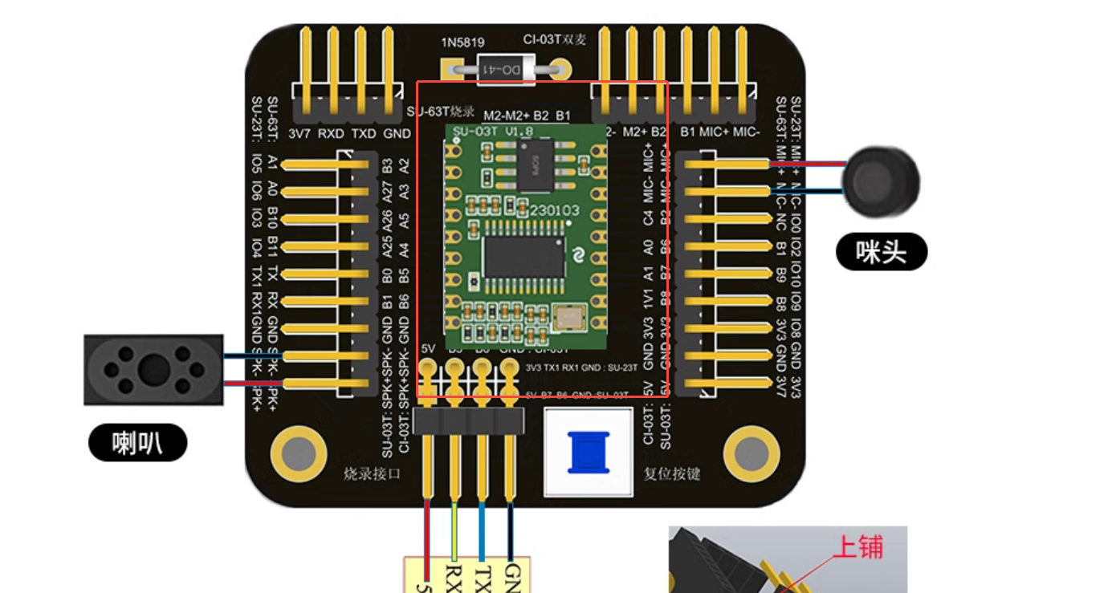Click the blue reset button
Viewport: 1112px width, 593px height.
pyautogui.click(x=589, y=452)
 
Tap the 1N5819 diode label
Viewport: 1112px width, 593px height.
pyautogui.click(x=463, y=42)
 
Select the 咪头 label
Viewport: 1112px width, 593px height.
pyautogui.click(x=881, y=253)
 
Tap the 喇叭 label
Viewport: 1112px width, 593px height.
pyautogui.click(x=137, y=443)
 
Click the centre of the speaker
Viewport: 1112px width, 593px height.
pyautogui.click(x=153, y=370)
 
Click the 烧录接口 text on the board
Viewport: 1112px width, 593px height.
pyautogui.click(x=372, y=473)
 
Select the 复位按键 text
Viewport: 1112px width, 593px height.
pyautogui.click(x=672, y=473)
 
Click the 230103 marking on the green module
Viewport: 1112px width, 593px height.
pyautogui.click(x=553, y=209)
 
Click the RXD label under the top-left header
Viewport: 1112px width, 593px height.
pyautogui.click(x=331, y=134)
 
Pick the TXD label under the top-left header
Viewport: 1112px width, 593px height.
pyautogui.click(x=364, y=134)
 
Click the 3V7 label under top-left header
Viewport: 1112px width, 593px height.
pyautogui.click(x=299, y=134)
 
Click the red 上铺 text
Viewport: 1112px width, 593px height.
pyautogui.click(x=857, y=547)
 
